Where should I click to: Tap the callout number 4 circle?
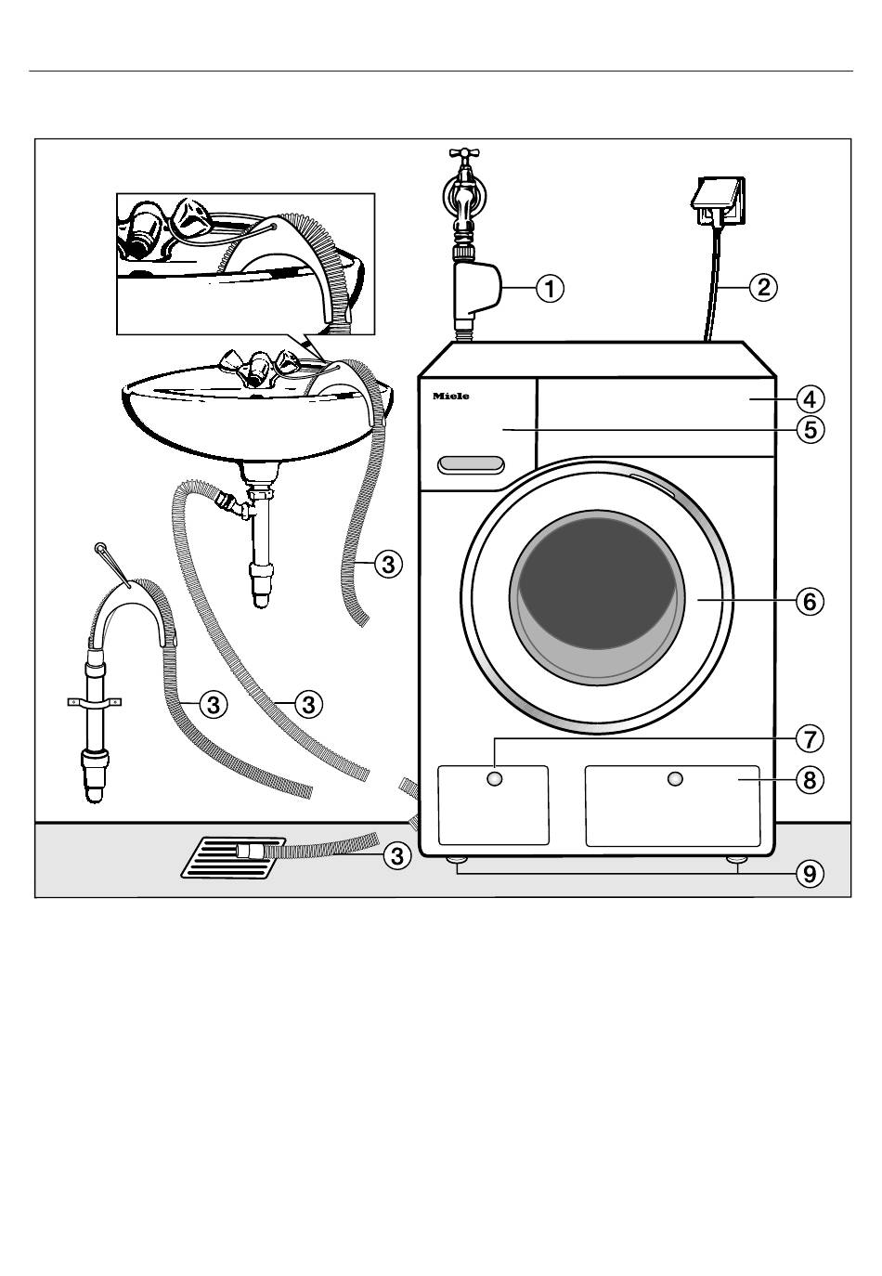coord(810,399)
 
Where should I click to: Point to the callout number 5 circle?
coord(810,430)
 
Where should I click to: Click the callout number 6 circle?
coord(810,601)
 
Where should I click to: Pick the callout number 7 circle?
coord(810,739)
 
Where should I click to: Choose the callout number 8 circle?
coord(810,780)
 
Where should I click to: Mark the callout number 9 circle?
coord(810,874)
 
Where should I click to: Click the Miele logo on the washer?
coord(451,397)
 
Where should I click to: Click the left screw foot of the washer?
coord(458,862)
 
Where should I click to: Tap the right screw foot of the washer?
coord(738,862)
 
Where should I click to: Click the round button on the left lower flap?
coord(495,778)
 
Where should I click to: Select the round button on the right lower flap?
coord(675,778)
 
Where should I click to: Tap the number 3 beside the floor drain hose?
coord(396,855)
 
